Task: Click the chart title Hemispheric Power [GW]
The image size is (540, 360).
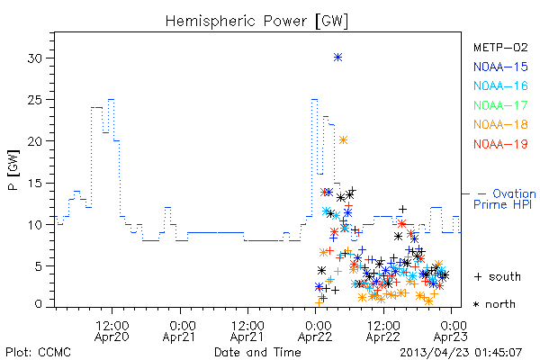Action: click(256, 22)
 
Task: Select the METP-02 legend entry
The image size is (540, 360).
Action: click(500, 48)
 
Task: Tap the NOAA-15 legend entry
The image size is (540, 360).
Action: click(500, 67)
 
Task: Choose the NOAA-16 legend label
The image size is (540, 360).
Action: click(500, 85)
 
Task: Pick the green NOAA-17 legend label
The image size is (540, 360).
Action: click(500, 105)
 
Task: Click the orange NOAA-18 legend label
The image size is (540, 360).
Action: click(500, 124)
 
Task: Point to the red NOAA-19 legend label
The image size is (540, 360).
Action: click(500, 144)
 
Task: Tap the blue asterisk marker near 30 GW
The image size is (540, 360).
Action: click(337, 58)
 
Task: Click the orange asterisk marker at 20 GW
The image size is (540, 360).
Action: click(343, 139)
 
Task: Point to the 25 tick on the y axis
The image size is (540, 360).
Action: click(35, 100)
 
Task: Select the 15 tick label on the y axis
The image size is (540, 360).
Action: click(35, 184)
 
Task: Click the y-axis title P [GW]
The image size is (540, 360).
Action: click(13, 170)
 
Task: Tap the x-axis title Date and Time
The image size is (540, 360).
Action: click(257, 352)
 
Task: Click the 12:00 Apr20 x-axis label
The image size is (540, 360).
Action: click(112, 330)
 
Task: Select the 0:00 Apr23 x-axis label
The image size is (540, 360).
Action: click(451, 330)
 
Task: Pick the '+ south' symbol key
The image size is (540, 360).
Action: click(498, 276)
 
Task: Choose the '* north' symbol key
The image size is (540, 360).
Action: click(494, 304)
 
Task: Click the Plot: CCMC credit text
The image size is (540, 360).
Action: click(38, 353)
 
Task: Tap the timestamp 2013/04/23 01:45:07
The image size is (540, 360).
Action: click(461, 353)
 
